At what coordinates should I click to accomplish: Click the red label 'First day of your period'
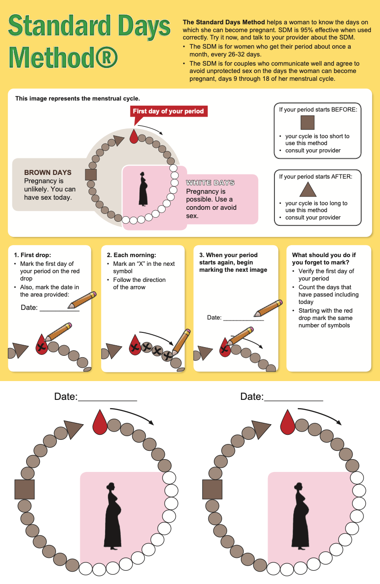click(x=168, y=111)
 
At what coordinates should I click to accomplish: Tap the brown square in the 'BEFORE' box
click(x=307, y=123)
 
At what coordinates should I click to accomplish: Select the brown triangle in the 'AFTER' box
click(x=308, y=190)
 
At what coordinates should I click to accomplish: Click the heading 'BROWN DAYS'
click(x=48, y=173)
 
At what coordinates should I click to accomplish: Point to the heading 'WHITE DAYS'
click(x=210, y=183)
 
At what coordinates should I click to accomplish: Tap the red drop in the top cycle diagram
click(x=134, y=136)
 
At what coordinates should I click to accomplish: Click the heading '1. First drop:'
click(x=33, y=255)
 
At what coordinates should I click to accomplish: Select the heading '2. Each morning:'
click(x=132, y=255)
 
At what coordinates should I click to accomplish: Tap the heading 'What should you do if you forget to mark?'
click(x=324, y=258)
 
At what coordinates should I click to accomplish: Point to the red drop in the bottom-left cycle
click(x=100, y=422)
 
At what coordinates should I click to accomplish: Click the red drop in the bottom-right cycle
click(x=287, y=422)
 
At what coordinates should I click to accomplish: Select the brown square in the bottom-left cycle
click(x=25, y=489)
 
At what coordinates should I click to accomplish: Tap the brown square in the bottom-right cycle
click(x=212, y=489)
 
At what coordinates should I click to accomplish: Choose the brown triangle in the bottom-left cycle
click(x=73, y=429)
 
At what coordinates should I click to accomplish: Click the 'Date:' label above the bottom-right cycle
click(x=252, y=396)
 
